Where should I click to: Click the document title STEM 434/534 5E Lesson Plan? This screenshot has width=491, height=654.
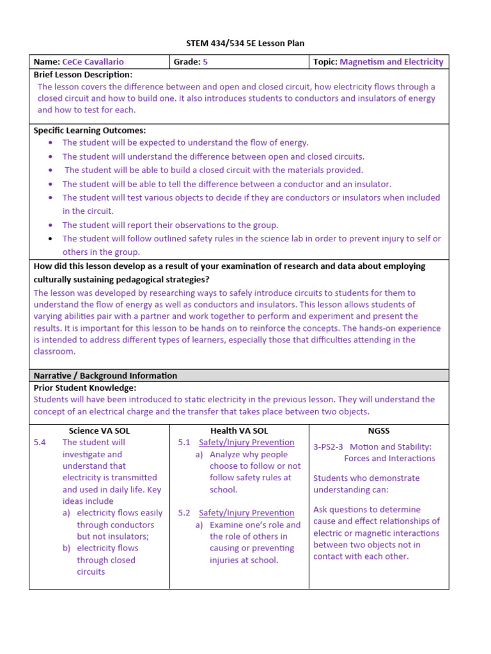click(245, 43)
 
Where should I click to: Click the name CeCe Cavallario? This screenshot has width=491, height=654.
click(93, 62)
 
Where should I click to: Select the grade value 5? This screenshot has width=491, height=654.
click(205, 62)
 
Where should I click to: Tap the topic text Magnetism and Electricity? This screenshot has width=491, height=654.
click(391, 62)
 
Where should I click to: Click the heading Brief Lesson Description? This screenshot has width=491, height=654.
click(82, 75)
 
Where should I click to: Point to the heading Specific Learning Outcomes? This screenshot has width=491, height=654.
click(90, 130)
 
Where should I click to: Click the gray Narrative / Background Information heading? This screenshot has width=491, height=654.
click(105, 376)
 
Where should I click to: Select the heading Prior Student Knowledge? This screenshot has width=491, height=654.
click(84, 388)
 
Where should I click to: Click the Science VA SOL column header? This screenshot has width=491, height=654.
click(99, 431)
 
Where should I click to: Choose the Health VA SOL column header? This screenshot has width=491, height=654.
click(238, 431)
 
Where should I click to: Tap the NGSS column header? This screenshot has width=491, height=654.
click(378, 431)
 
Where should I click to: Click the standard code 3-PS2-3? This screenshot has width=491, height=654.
click(329, 447)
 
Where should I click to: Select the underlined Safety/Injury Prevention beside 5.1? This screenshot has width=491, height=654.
click(246, 443)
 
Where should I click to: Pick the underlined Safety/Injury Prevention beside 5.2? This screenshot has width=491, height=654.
click(246, 513)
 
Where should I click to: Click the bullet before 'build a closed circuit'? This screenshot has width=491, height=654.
click(51, 171)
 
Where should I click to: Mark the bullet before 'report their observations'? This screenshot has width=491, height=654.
click(51, 225)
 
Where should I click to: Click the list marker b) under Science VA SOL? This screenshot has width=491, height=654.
click(66, 548)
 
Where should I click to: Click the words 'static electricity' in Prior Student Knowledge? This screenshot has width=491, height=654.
click(210, 400)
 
